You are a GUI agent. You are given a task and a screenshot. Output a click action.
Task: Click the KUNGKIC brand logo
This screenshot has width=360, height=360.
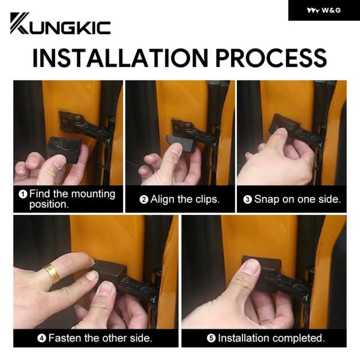point(61,23)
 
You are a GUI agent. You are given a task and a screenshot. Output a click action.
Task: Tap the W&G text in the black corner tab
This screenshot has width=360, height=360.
point(331,10)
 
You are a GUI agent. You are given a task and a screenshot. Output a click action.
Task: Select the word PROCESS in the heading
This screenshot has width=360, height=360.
point(271,58)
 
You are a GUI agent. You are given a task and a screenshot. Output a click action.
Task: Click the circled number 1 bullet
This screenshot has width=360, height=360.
point(23,194)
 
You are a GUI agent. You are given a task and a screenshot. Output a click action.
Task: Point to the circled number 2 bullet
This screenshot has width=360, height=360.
point(144,199)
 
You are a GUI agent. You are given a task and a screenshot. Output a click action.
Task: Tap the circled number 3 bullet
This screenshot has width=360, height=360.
point(247,199)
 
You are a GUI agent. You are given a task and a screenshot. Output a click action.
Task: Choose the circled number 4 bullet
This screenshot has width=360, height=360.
point(42,338)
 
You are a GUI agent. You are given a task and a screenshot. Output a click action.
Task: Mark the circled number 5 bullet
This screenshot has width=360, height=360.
point(211,338)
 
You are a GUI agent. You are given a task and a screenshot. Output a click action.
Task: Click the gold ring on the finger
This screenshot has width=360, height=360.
point(52,274)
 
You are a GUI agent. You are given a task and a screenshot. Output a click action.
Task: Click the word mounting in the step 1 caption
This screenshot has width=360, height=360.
point(93,194)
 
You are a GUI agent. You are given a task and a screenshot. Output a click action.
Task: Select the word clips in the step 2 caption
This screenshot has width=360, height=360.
point(208,199)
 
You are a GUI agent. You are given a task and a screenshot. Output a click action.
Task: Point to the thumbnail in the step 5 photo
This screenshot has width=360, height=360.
point(251,267)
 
